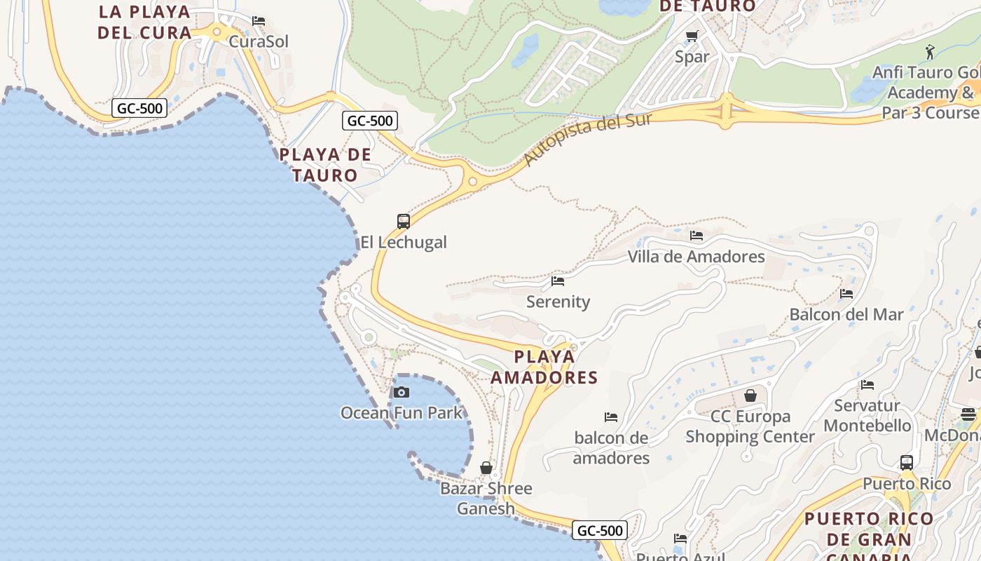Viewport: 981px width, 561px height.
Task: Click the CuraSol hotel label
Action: point(259,41)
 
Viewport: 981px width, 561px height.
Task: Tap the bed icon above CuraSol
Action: point(259,21)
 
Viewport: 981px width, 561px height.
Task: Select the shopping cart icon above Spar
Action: point(692,36)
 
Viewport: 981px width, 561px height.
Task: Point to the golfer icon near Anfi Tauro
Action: point(930,52)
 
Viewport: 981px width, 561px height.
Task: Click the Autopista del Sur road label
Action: point(587,140)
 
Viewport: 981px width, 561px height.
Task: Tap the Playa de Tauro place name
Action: point(325,165)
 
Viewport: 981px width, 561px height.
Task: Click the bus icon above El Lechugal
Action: point(404,222)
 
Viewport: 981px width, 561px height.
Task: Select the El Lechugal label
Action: point(404,243)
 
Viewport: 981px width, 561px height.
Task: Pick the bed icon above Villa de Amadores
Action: point(696,236)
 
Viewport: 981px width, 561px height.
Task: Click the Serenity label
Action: point(558,302)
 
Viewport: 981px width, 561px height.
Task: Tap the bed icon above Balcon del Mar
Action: point(846,294)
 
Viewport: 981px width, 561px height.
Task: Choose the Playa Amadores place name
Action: point(544,367)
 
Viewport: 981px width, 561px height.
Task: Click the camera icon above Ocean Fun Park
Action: point(402,392)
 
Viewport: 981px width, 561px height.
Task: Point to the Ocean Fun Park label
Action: point(402,412)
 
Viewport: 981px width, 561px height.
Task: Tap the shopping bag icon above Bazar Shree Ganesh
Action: point(486,468)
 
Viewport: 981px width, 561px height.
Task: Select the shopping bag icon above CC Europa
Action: point(750,396)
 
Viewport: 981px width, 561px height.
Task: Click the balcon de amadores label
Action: point(611,448)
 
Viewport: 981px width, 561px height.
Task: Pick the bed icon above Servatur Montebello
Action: point(867,384)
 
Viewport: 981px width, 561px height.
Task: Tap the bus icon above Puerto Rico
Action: point(907,463)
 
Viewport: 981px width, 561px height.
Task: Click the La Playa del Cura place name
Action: point(145,22)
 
